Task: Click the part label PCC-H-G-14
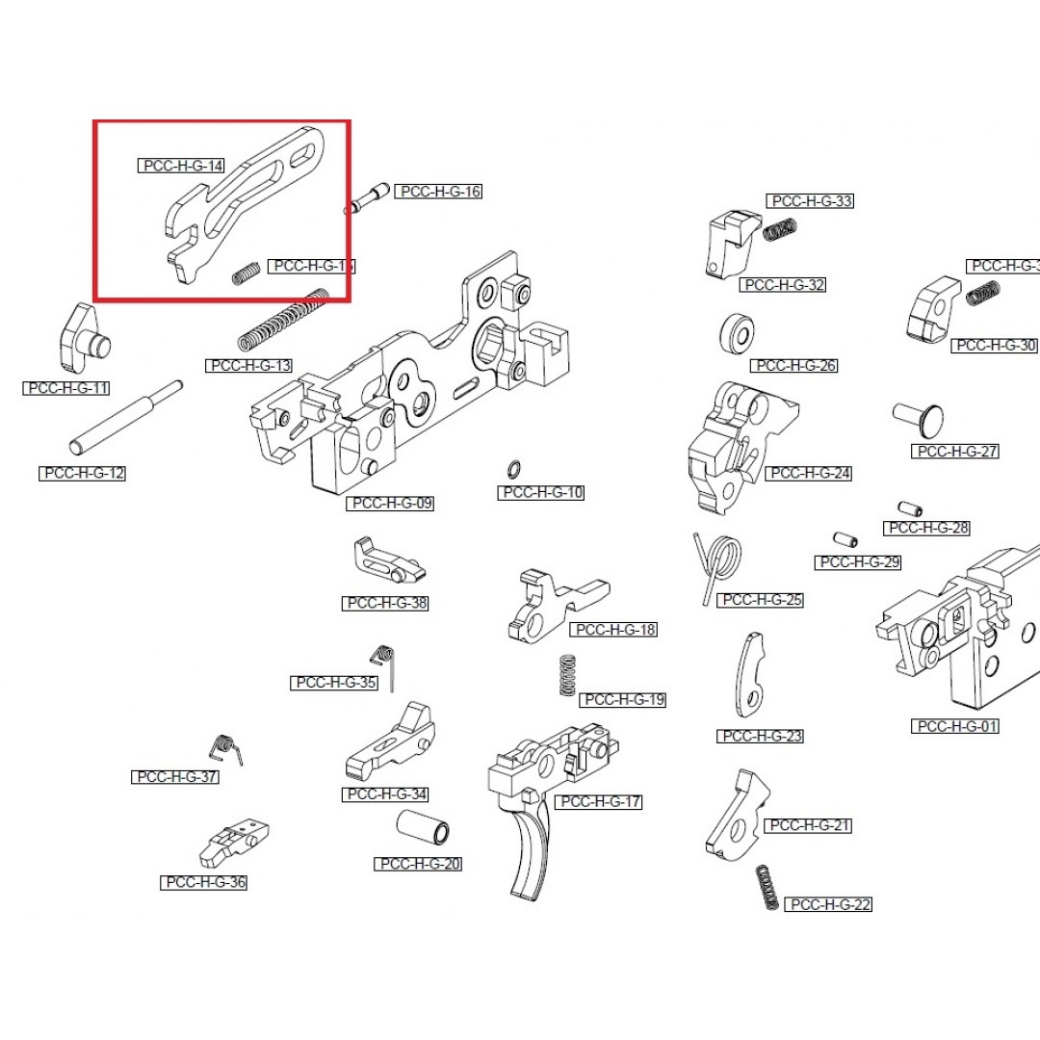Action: pos(182,166)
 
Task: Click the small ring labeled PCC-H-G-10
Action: pos(514,469)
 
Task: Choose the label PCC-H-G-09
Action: pos(392,503)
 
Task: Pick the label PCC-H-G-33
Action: pos(810,201)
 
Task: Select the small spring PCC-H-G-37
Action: pos(225,748)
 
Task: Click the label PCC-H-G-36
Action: pos(203,882)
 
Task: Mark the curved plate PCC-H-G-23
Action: pos(750,673)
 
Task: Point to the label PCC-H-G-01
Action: pos(954,726)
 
